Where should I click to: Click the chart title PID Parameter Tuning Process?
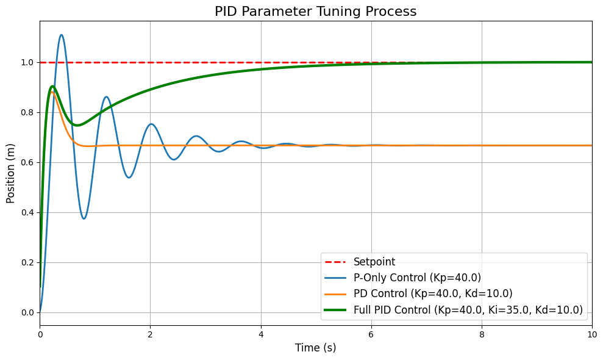[x=315, y=12]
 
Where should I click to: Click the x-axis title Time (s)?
[x=315, y=348]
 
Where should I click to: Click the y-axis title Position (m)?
[x=11, y=173]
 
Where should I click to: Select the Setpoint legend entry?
[x=374, y=262]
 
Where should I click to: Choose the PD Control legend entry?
[x=433, y=293]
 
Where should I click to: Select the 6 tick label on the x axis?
[x=371, y=334]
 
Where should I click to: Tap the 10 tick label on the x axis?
[x=591, y=334]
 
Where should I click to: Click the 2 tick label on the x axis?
[x=151, y=334]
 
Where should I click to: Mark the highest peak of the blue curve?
[x=62, y=35]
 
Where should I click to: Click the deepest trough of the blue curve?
[x=84, y=218]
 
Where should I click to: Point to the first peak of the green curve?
[x=52, y=86]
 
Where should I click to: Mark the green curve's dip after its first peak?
[x=77, y=125]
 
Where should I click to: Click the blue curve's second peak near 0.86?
[x=106, y=96]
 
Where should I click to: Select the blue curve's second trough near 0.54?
[x=129, y=178]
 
